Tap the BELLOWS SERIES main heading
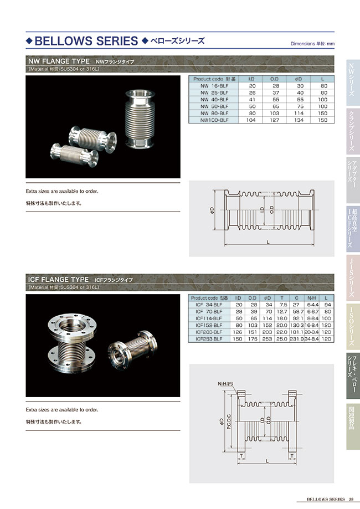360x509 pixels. click(x=86, y=41)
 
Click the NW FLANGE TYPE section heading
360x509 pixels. click(x=59, y=61)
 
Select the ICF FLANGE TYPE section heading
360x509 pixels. click(x=58, y=279)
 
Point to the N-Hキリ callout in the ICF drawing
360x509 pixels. click(x=228, y=384)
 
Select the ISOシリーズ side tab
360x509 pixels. click(x=352, y=327)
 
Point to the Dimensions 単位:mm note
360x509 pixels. click(x=312, y=43)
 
